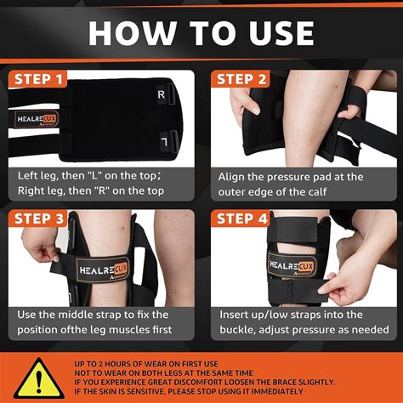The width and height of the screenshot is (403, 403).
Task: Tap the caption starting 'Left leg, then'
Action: (96, 184)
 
